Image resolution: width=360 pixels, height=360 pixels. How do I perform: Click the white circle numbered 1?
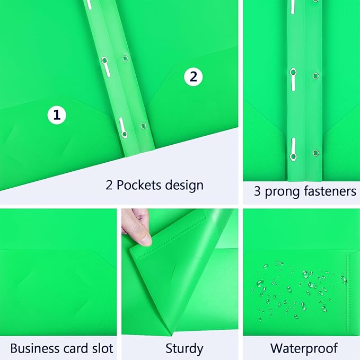pyautogui.click(x=57, y=115)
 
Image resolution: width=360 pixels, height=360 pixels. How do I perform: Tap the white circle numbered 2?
pyautogui.click(x=193, y=77)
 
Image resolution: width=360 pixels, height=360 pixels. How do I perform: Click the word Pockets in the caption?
pyautogui.click(x=139, y=185)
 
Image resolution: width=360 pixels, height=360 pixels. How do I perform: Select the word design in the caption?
pyautogui.click(x=183, y=185)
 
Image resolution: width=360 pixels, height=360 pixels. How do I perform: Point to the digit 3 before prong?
pyautogui.click(x=257, y=191)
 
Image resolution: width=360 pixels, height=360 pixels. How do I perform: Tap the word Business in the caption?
pyautogui.click(x=34, y=348)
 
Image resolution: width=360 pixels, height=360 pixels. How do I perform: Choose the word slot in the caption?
pyautogui.click(x=102, y=348)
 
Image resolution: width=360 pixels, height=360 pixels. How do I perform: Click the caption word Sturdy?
pyautogui.click(x=184, y=348)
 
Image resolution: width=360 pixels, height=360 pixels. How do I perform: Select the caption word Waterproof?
pyautogui.click(x=304, y=348)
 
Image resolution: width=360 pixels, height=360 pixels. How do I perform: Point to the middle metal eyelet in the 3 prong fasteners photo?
pyautogui.click(x=316, y=76)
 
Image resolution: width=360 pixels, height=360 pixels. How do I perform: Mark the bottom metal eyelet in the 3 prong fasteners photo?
pyautogui.click(x=316, y=153)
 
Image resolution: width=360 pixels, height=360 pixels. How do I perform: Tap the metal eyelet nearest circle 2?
pyautogui.click(x=125, y=58)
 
